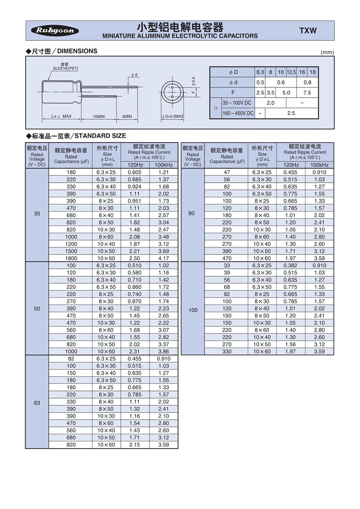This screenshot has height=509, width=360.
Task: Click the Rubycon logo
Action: click(x=55, y=30)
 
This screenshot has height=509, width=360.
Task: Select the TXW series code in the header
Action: click(x=308, y=31)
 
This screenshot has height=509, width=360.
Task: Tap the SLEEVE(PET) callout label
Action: click(x=66, y=68)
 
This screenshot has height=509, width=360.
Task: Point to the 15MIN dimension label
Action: click(x=98, y=116)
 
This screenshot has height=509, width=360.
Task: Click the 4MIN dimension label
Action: click(x=127, y=116)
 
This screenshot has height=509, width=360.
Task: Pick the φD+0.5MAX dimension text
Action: click(x=172, y=117)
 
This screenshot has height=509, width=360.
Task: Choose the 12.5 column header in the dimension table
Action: click(x=291, y=72)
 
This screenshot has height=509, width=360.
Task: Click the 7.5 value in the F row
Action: click(x=307, y=92)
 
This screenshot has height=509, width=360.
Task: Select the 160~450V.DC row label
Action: click(x=238, y=113)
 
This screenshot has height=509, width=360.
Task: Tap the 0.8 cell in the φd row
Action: click(x=307, y=82)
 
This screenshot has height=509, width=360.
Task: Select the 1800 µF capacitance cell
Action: click(x=71, y=258)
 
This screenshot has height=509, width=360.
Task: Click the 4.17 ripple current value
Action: click(x=164, y=258)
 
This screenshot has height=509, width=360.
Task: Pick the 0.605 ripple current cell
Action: click(x=134, y=172)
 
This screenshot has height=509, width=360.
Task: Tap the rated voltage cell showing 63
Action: click(x=37, y=403)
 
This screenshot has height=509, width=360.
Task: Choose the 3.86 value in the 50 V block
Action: click(x=164, y=351)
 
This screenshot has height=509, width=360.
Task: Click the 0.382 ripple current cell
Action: click(x=290, y=265)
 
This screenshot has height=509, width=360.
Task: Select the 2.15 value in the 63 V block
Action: click(x=134, y=445)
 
